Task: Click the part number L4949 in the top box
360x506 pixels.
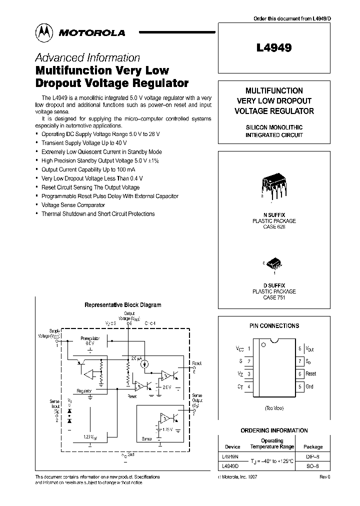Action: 273,48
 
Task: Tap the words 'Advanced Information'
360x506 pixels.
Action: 87,57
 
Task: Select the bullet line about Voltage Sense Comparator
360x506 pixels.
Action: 73,205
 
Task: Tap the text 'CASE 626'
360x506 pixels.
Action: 273,226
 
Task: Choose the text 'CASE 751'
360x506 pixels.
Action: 273,297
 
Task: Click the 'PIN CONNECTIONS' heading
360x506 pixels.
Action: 274,325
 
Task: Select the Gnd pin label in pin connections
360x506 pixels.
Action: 309,386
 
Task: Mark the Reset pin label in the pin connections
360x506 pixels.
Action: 311,373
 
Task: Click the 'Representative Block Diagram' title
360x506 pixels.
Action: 122,304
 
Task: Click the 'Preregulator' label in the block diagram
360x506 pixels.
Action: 90,338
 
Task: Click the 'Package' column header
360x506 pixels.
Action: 313,446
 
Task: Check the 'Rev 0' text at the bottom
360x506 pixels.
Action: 325,477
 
